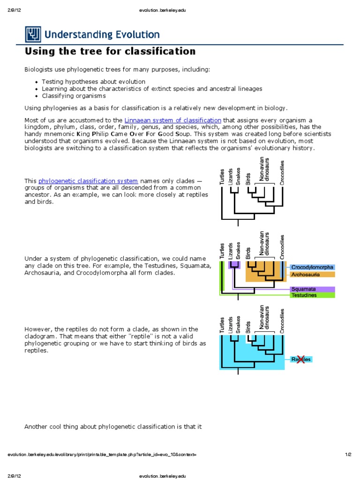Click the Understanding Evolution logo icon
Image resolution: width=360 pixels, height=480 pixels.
click(34, 34)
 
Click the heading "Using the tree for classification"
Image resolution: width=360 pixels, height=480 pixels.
click(110, 51)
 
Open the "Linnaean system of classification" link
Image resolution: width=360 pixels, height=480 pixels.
click(172, 120)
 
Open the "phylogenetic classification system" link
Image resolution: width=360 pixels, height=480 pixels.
click(88, 181)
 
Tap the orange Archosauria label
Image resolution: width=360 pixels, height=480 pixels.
click(305, 274)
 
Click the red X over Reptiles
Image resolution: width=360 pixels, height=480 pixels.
click(300, 359)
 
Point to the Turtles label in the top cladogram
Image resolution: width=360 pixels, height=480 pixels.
click(223, 176)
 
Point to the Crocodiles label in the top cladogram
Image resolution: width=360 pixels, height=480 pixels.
click(282, 172)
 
